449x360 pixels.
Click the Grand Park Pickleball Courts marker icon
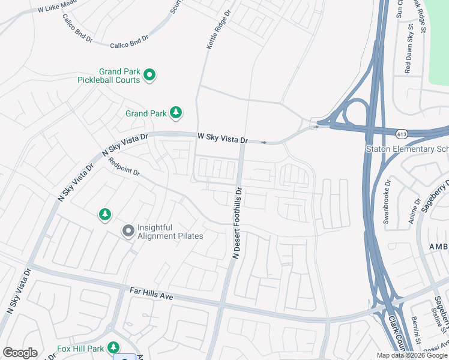point(150,75)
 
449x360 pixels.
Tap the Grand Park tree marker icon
point(176,112)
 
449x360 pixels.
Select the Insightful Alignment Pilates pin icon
point(128,231)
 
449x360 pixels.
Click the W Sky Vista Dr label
point(223,139)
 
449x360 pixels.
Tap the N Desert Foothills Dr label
point(237,223)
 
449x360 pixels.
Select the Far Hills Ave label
point(151,293)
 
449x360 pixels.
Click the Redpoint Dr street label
point(124,167)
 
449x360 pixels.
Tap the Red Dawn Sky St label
point(409,57)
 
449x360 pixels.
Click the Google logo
point(20,353)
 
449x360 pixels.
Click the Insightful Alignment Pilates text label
point(170,232)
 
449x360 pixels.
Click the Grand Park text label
point(146,113)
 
